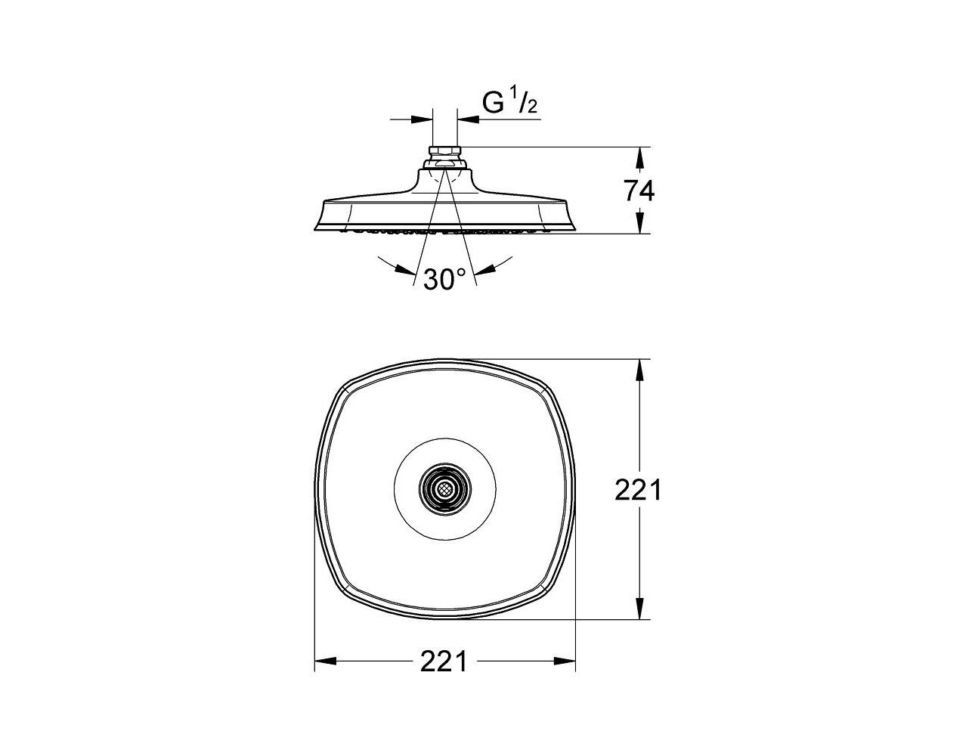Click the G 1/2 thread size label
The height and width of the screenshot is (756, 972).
(x=509, y=104)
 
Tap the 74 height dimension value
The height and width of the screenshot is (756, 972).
(x=639, y=191)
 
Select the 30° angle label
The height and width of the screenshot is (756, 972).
(x=444, y=280)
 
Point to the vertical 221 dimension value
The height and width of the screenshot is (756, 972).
(x=638, y=490)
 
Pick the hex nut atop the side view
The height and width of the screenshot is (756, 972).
(x=444, y=150)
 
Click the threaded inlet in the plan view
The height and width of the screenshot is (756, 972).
(x=444, y=491)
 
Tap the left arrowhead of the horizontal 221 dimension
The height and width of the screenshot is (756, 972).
(x=325, y=661)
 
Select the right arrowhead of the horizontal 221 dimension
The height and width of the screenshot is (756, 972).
(x=565, y=661)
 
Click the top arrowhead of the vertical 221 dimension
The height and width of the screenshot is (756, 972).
(x=640, y=370)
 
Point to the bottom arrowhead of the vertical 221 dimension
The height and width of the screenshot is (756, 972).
(x=640, y=609)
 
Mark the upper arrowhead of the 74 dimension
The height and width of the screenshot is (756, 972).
(x=640, y=157)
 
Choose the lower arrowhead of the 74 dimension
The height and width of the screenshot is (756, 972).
(x=640, y=222)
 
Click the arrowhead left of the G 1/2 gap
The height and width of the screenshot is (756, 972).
(x=423, y=119)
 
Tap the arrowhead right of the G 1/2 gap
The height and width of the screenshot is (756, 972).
(x=468, y=119)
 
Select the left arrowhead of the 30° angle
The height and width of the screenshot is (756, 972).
(x=405, y=269)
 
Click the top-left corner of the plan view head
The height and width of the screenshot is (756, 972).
(x=345, y=389)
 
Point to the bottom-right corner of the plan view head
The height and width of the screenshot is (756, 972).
(x=546, y=590)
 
